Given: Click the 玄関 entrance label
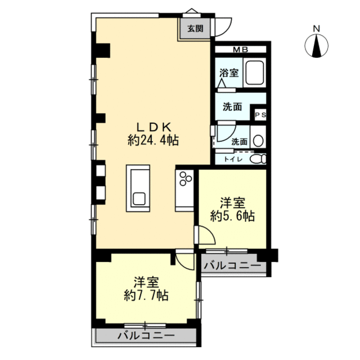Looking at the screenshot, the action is coord(195,29).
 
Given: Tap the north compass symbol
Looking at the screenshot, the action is coord(316,45).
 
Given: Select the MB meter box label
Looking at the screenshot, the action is coord(240,49).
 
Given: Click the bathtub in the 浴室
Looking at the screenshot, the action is coord(255,73).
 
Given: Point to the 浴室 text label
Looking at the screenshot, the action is coord(229,73).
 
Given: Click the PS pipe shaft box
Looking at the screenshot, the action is coord(260,115).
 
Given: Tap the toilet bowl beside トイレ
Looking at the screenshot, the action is coord(258,159).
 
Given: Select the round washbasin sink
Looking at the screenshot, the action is coord(259,140).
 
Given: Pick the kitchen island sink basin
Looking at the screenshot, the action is coord(139,199).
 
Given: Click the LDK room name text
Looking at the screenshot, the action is coord(154,127).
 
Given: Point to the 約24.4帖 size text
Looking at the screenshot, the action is coord(153,140).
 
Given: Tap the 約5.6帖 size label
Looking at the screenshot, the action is coord(232,216).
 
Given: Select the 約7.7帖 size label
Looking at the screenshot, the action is coord(146,295).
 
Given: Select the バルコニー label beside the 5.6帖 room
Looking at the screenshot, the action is coord(232,266).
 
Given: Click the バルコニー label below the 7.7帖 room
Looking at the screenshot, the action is coord(146,336).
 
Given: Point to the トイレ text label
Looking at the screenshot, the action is coord(233,159).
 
